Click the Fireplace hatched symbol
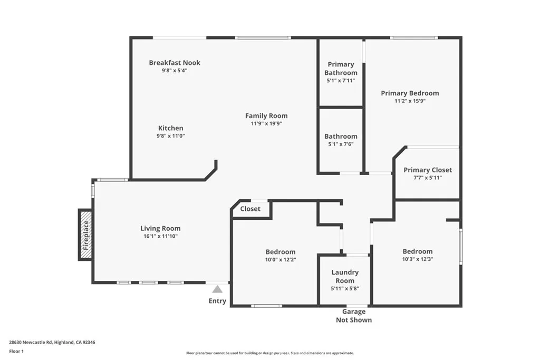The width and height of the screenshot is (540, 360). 85,235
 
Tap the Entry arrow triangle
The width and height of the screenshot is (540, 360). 217,289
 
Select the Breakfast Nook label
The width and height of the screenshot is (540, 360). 175,63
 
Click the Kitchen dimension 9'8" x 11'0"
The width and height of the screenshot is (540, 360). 171,136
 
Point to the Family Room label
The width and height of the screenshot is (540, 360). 266,116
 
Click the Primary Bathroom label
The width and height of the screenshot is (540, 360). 341,69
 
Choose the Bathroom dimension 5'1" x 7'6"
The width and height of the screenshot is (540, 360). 341,144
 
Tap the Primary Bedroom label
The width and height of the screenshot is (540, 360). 410,93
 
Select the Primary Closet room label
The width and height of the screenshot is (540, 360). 428,170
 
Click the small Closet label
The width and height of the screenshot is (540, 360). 250,209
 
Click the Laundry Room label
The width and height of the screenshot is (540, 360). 345,277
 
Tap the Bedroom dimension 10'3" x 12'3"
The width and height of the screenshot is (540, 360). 417,259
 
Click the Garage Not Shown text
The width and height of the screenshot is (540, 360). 354,316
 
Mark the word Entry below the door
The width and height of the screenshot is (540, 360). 217,301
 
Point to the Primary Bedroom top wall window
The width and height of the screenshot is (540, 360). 414,37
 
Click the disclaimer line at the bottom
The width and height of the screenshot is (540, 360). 269,353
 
